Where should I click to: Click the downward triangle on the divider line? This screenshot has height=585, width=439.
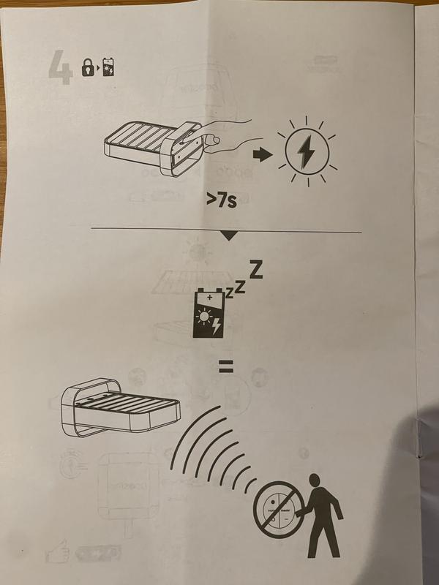point(229,236)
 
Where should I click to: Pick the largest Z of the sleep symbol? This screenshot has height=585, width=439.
point(255,270)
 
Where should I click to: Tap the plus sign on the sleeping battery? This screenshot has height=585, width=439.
point(209,298)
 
